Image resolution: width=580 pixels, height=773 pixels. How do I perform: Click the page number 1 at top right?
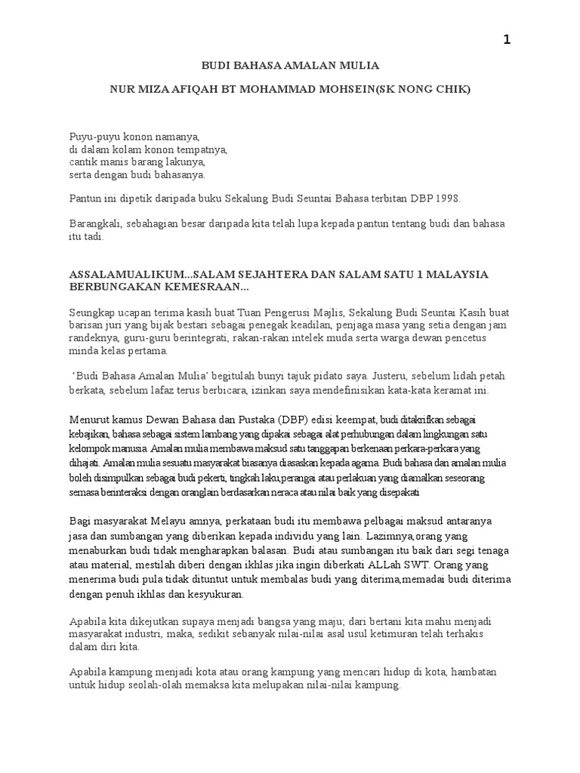coord(507,40)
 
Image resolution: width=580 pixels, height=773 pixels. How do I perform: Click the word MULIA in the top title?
coord(356,66)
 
